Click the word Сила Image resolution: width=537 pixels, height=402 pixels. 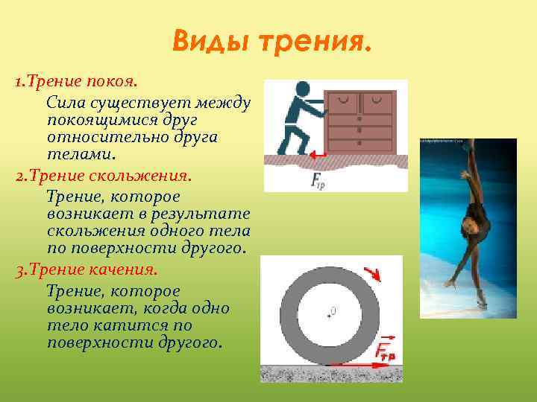(x=64, y=100)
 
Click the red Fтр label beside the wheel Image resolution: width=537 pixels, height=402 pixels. (x=385, y=349)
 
